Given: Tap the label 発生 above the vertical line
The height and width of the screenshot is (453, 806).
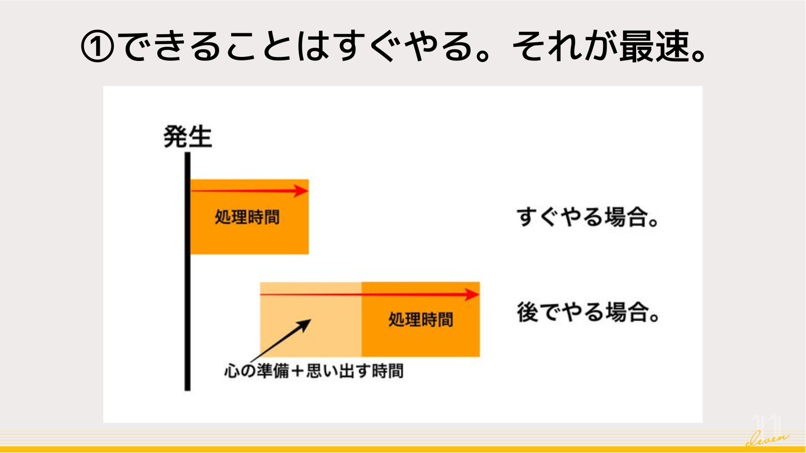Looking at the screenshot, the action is tap(188, 136).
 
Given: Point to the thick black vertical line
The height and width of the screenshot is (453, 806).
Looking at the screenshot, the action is tap(187, 271).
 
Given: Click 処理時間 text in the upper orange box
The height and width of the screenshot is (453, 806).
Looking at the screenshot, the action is tap(247, 217).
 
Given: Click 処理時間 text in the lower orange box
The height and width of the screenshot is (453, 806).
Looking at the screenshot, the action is tap(421, 320).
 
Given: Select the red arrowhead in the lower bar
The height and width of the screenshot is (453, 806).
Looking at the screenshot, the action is tap(472, 294).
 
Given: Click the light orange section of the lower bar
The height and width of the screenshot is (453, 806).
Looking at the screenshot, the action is tap(311, 320).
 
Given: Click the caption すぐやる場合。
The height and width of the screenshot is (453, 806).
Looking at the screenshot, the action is tap(587, 217).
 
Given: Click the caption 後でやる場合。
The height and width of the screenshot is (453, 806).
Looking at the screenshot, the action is tap(587, 312).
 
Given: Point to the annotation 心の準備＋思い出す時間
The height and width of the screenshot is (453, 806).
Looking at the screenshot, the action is tap(313, 371).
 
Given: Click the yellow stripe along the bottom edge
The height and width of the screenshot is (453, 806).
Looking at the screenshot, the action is tap(403, 450).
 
